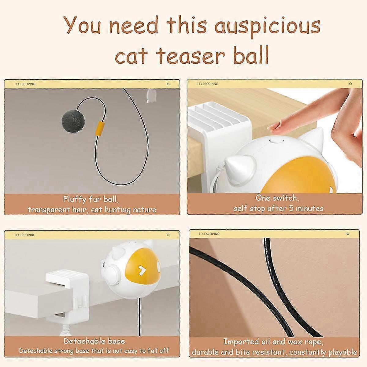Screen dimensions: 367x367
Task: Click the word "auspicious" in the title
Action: click(267, 27)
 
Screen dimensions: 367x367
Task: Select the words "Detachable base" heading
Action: click(94, 341)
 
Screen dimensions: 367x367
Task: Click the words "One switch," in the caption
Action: click(277, 198)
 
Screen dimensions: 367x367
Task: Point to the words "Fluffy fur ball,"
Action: click(91, 199)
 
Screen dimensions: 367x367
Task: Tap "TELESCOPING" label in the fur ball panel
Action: click(25, 84)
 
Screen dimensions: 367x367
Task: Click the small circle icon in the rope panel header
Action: click(348, 234)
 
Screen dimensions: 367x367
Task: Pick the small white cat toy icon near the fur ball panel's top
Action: click(150, 96)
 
